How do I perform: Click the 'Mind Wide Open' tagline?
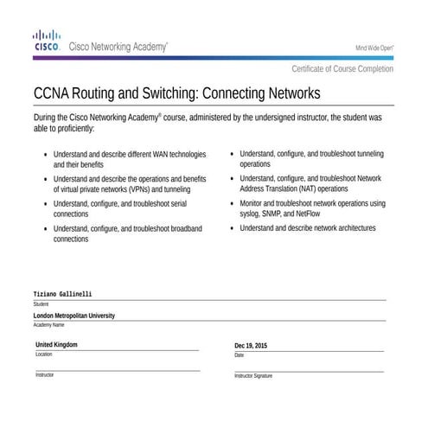click(x=374, y=48)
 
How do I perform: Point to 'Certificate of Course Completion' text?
click(x=342, y=69)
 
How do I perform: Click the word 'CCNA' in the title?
click(x=54, y=93)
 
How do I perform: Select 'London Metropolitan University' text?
click(x=73, y=316)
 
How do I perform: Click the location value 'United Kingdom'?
click(x=56, y=344)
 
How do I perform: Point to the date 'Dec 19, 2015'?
click(x=251, y=346)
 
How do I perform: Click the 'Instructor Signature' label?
click(x=253, y=376)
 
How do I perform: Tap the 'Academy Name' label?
click(x=48, y=325)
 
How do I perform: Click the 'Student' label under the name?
click(x=41, y=304)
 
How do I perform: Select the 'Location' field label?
click(x=43, y=355)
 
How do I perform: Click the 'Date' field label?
click(x=240, y=355)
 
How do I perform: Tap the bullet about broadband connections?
click(x=127, y=233)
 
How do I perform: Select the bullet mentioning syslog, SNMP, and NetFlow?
click(x=311, y=208)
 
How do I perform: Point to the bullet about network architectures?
click(x=307, y=228)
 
